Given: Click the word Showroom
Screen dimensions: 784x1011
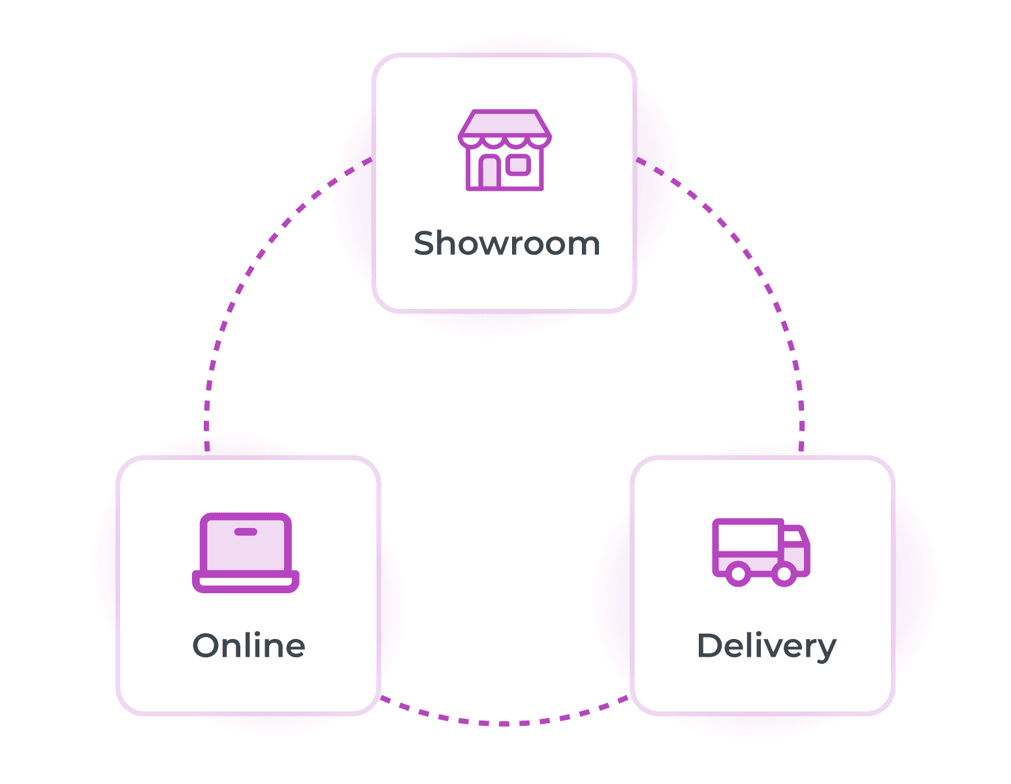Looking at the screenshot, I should (x=507, y=244).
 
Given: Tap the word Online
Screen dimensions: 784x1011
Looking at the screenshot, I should (x=249, y=645).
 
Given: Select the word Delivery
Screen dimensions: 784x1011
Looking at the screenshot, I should (x=766, y=646).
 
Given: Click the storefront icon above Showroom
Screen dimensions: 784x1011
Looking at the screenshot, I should (x=504, y=150).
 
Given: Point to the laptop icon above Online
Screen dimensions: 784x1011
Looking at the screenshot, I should (x=246, y=553).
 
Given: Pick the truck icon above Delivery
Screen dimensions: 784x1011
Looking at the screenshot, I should (x=761, y=553).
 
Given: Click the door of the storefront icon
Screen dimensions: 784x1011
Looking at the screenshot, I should (x=490, y=172).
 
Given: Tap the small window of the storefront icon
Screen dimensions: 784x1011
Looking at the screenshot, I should (x=519, y=165).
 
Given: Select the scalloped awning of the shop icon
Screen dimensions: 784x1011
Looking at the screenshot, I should (x=504, y=139).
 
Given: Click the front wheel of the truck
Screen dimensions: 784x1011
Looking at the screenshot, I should (x=784, y=574).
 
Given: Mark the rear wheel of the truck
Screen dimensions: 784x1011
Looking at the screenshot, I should (x=738, y=574).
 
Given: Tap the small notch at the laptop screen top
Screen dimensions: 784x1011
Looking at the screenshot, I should (x=246, y=532).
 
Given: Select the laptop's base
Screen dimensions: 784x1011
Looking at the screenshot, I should (x=246, y=581).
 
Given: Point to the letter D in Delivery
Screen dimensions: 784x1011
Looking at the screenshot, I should (x=709, y=645).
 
